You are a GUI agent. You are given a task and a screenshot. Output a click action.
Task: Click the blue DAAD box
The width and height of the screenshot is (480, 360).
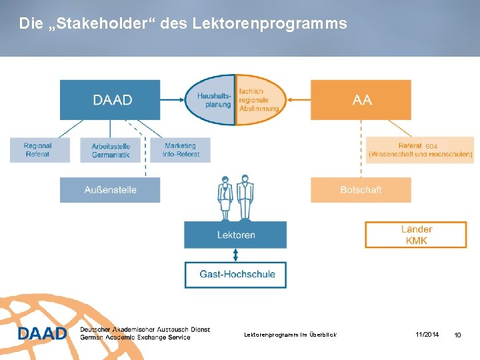tap(110, 100)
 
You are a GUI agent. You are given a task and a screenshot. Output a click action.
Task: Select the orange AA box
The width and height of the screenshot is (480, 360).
tap(361, 100)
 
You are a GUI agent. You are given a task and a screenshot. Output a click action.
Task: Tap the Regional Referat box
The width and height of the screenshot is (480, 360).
tap(39, 150)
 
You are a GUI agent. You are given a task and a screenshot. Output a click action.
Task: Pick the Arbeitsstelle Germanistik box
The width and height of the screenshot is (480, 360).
tap(111, 150)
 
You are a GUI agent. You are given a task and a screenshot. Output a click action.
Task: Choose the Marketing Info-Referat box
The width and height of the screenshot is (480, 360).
tap(180, 150)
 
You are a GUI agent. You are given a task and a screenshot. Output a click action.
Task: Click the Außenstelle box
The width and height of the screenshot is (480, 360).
tap(110, 190)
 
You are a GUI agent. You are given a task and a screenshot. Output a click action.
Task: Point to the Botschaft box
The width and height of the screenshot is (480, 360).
tap(361, 190)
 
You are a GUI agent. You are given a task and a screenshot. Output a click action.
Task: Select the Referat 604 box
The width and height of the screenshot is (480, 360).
tap(420, 150)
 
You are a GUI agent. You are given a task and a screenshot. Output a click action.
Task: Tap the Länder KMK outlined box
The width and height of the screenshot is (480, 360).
tap(416, 235)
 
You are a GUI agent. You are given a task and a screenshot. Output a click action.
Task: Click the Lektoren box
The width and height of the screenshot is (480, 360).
tap(235, 235)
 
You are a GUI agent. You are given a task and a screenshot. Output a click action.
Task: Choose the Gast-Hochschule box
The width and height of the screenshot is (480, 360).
tap(237, 274)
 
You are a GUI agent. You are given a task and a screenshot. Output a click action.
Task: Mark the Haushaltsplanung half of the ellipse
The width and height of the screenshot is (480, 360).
tap(211, 100)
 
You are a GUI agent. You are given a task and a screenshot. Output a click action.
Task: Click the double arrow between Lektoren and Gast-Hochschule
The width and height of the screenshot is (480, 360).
tap(235, 255)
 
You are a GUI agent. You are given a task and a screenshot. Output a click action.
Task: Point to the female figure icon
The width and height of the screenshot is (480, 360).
tap(225, 197)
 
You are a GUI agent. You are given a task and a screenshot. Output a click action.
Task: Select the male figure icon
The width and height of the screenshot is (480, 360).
tap(245, 197)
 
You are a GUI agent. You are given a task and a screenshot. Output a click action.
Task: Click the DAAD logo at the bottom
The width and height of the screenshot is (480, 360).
tap(43, 333)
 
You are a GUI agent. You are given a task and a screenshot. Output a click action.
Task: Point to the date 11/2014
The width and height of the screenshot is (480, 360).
tap(427, 334)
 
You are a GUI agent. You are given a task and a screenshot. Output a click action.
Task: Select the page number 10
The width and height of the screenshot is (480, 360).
tap(457, 335)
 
